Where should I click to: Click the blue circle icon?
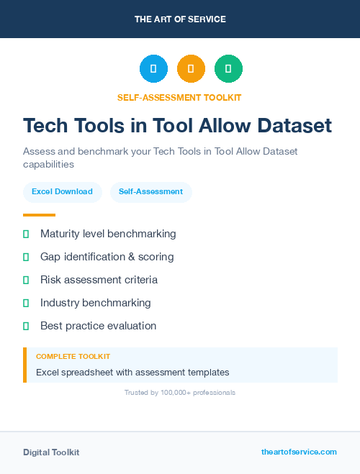pos(153,69)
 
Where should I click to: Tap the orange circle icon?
pos(191,69)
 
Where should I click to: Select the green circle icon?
pos(228,69)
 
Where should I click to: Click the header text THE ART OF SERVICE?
pos(180,19)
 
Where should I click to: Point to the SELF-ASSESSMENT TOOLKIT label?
pos(179,97)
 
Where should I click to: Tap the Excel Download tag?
pos(62,192)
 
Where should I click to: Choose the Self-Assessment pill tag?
pos(150,192)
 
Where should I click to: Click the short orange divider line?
pos(39,215)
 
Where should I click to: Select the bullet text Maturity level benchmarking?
pos(108,234)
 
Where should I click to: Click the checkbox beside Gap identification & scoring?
pos(26,257)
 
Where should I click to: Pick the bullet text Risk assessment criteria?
pos(99,280)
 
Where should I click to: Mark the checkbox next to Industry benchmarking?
pos(26,303)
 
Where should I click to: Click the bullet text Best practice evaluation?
pos(98,326)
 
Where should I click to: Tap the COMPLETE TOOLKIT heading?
pos(73,357)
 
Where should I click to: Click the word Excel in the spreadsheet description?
pos(47,373)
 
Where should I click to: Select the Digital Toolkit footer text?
pos(51,452)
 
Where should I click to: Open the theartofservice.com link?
pos(299,452)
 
